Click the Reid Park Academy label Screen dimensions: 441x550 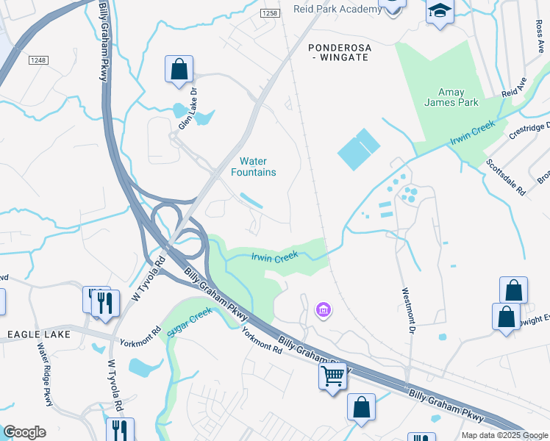coord(332,9)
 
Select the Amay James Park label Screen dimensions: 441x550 coord(451,97)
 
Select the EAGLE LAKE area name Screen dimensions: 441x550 coord(39,334)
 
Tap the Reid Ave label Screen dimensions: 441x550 coord(515,87)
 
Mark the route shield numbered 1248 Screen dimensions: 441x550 coord(39,60)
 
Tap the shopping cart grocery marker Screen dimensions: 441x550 coord(332,376)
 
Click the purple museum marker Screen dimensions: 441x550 coord(322,311)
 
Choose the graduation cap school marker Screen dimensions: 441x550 coord(440,10)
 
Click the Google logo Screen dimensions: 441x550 coord(24,432)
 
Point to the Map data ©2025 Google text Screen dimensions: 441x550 coord(504,435)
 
